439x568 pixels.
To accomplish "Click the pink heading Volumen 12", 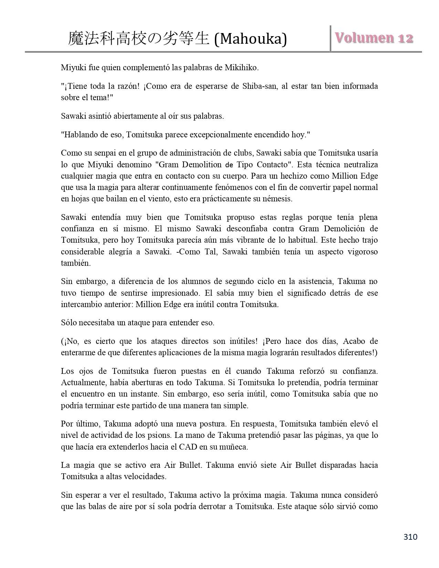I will [374, 38].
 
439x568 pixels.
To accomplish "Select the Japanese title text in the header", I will [138, 39].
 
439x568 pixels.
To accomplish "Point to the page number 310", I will [410, 537].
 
